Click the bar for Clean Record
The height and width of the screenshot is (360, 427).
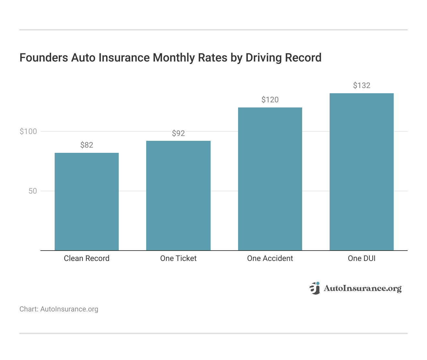tap(87, 201)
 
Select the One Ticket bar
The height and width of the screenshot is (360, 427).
tap(178, 196)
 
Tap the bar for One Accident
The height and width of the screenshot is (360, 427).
tap(270, 179)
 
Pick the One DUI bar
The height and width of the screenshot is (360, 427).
tap(361, 172)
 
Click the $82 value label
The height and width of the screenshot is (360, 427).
tap(87, 145)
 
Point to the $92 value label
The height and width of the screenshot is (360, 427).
tap(178, 133)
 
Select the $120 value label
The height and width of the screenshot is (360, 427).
tap(270, 100)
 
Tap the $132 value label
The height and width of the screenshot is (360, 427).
tap(361, 85)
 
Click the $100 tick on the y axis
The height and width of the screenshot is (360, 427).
tap(28, 131)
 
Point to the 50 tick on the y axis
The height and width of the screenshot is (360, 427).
tap(33, 191)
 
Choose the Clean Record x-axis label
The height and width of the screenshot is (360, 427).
tap(87, 258)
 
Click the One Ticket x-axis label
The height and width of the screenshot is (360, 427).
tap(178, 258)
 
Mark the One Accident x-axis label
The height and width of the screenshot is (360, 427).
tap(270, 258)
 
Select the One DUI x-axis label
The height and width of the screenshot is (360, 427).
tap(361, 258)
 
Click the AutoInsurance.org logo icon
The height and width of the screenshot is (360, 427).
tap(314, 288)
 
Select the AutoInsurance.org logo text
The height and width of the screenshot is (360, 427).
tap(362, 288)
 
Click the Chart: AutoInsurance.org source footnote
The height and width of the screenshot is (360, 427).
tap(59, 309)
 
